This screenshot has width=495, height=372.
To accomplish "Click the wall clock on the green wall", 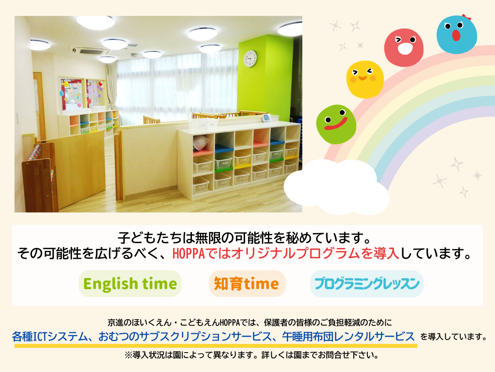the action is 250,59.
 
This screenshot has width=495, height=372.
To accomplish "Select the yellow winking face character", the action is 365,79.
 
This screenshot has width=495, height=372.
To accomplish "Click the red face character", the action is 404,47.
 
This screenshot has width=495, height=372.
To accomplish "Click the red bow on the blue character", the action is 466,17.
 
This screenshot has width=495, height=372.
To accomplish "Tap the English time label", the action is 130,284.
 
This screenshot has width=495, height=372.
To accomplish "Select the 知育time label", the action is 247,284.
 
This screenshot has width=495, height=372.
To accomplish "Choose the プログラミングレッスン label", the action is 367,284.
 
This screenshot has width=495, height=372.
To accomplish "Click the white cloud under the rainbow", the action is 336,186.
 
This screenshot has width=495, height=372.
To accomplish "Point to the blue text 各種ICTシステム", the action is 50,336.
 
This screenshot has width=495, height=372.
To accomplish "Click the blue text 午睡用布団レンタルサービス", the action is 348,336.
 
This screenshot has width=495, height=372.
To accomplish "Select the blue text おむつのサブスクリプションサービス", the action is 185,336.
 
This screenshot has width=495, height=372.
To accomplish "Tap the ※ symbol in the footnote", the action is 129,355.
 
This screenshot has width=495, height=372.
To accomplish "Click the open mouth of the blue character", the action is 456,35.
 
